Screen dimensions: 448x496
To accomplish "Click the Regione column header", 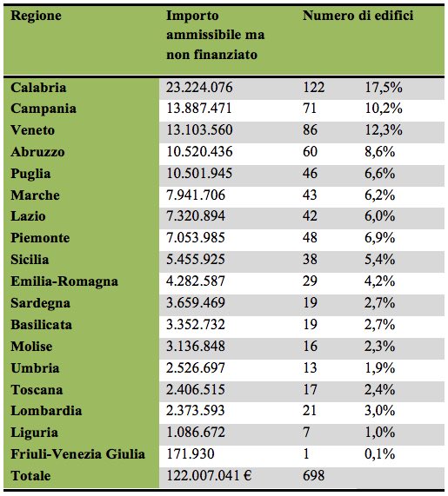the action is tap(36, 16).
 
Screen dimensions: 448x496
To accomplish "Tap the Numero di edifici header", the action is tap(358, 15).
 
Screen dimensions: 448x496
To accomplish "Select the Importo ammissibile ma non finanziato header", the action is tap(216, 35).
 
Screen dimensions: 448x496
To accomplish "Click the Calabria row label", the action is tap(38, 88).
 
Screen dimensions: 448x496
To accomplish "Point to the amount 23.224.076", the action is tap(199, 88).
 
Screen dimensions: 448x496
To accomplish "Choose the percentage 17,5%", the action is tap(384, 88).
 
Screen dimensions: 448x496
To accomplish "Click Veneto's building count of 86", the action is tap(310, 130).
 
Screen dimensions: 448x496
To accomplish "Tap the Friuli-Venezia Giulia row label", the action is tap(77, 454).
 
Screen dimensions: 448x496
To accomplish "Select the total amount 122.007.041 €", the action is tap(209, 475).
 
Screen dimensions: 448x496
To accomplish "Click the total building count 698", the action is tap(314, 475).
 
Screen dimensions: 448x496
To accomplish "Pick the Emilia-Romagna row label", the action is tap(64, 281).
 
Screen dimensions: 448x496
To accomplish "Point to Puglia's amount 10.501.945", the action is tap(199, 174).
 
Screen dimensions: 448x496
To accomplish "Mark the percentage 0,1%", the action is tap(379, 454).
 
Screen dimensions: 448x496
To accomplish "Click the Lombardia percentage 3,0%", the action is tap(379, 411).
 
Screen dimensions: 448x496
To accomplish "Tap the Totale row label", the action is tap(30, 475).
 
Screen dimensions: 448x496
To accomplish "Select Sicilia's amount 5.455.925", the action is tap(196, 260).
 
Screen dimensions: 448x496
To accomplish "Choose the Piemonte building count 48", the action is tap(310, 238).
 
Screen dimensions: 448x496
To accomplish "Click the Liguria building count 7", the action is tap(306, 432).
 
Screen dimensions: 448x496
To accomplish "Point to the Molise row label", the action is tap(31, 346).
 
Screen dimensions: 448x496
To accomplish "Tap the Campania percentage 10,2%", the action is tap(384, 109).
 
